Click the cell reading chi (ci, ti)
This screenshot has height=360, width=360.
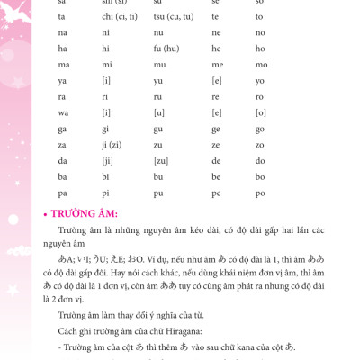click(120, 17)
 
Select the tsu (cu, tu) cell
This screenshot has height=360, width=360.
click(173, 17)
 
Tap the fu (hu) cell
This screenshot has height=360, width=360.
click(165, 49)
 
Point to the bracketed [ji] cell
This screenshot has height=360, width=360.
click(108, 160)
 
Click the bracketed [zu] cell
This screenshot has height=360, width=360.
click(161, 160)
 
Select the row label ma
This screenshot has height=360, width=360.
click(63, 65)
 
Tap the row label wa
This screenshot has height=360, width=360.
click(63, 112)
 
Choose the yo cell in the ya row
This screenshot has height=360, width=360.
click(259, 80)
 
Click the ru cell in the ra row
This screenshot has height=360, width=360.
click(158, 96)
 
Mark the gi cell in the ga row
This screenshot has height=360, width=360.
click(106, 128)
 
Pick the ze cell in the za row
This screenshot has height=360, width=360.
click(215, 144)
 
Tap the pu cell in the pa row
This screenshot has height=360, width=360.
click(159, 192)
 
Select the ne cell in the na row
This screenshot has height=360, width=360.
click(216, 33)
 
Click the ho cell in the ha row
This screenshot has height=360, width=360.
click(259, 49)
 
